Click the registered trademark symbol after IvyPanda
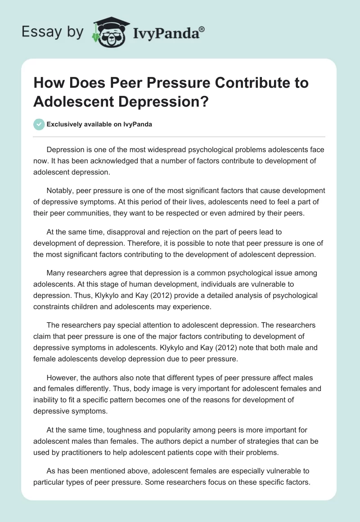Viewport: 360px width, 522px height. tap(202, 28)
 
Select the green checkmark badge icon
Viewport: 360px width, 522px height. tap(39, 125)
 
